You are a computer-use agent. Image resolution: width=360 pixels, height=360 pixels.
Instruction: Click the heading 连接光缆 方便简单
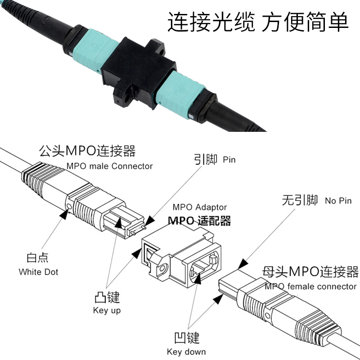pyautogui.click(x=258, y=21)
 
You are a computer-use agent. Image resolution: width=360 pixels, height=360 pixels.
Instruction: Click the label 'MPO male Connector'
pyautogui.click(x=110, y=166)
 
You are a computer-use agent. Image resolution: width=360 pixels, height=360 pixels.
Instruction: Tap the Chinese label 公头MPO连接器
pyautogui.click(x=87, y=150)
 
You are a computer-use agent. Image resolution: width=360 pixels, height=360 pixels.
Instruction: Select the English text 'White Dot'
pyautogui.click(x=38, y=272)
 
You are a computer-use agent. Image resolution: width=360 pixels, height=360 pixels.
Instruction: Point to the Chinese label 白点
pyautogui.click(x=37, y=258)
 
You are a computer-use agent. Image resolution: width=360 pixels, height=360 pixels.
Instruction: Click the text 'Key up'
pyautogui.click(x=107, y=310)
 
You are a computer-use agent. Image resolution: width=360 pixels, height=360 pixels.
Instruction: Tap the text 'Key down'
pyautogui.click(x=186, y=352)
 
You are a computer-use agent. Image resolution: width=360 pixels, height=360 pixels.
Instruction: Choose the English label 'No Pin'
pyautogui.click(x=338, y=201)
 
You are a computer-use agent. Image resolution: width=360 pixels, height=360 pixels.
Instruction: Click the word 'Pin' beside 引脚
pyautogui.click(x=229, y=159)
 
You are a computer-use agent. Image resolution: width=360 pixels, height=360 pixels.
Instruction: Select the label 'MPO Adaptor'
pyautogui.click(x=200, y=207)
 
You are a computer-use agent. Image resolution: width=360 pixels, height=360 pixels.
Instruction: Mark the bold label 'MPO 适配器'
pyautogui.click(x=199, y=220)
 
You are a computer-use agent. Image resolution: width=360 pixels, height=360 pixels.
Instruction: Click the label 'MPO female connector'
pyautogui.click(x=310, y=286)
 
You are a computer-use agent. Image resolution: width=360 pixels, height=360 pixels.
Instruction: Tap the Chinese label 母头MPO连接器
pyautogui.click(x=310, y=272)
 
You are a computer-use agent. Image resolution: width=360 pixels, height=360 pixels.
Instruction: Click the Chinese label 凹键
pyautogui.click(x=186, y=337)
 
